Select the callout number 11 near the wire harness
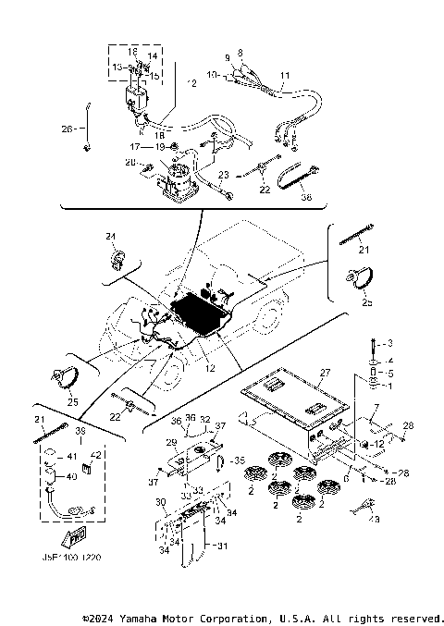click(284, 74)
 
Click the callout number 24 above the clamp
click(110, 237)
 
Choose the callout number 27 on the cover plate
click(325, 374)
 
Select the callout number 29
click(171, 444)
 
